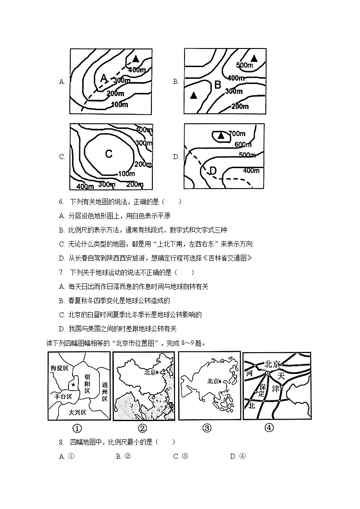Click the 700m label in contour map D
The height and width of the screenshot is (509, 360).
point(237,133)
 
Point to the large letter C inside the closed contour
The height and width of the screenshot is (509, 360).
point(109,154)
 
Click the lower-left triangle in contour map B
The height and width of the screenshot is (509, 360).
point(194,95)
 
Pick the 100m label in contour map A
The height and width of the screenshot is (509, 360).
point(119,105)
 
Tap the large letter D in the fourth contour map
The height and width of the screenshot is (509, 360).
point(213,171)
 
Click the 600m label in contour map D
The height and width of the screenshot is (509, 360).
point(243,144)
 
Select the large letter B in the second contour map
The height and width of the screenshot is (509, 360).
point(217,85)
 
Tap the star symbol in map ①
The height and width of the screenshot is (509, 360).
point(73,384)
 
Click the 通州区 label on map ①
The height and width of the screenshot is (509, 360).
point(105,393)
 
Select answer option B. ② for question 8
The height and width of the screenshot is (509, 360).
point(123,456)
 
